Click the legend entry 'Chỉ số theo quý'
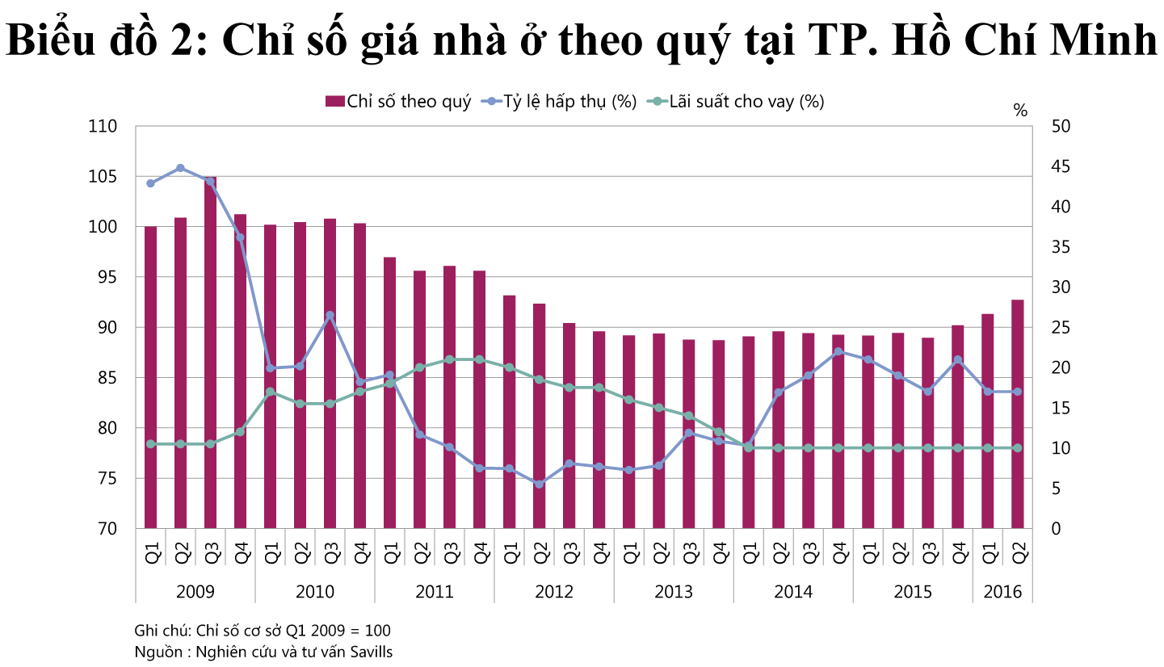click(x=398, y=101)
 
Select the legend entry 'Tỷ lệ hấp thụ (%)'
click(x=558, y=101)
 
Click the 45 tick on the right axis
click(x=1039, y=167)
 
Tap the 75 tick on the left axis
click(x=107, y=479)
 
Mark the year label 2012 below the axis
click(x=554, y=592)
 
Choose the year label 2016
click(x=1002, y=592)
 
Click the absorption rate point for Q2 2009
click(x=180, y=168)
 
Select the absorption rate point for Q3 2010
click(x=330, y=316)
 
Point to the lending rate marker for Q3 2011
click(x=449, y=359)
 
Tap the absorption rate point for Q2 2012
click(x=539, y=485)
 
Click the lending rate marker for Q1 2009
click(x=150, y=444)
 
